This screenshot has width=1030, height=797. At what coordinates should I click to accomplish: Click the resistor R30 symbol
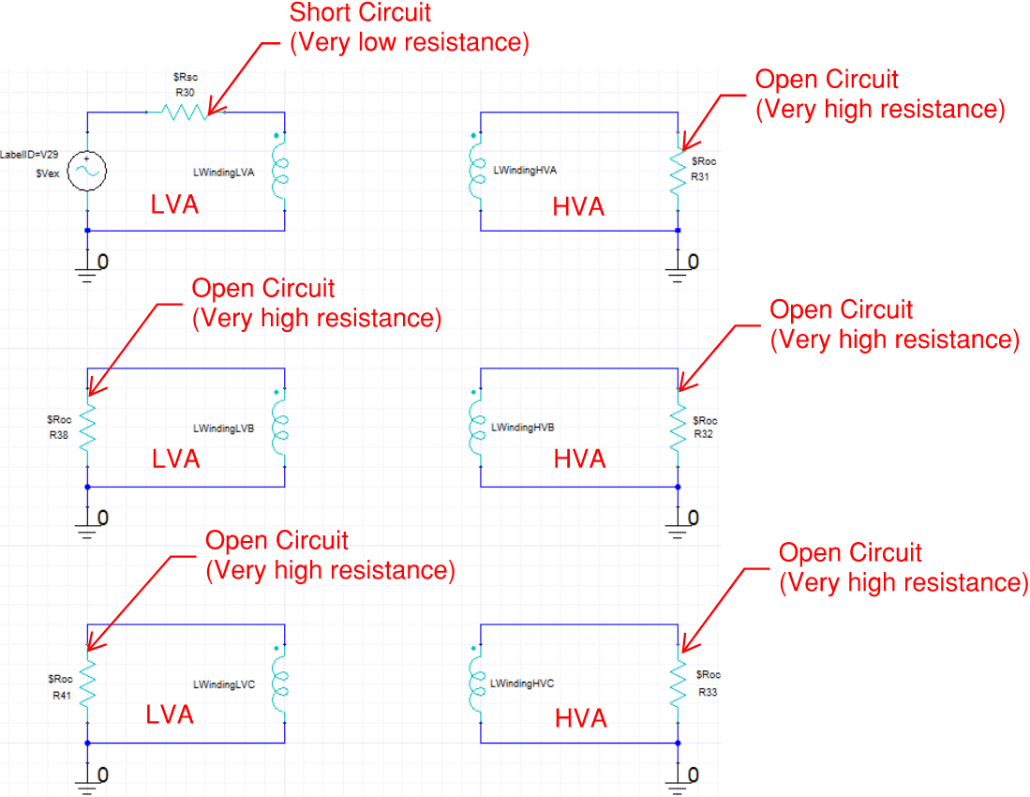click(x=184, y=113)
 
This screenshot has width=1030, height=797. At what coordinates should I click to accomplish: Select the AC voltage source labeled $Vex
click(x=87, y=172)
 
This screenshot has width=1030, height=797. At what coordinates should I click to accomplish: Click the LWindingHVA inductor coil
click(x=474, y=172)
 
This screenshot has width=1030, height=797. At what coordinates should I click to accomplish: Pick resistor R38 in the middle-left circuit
click(x=87, y=428)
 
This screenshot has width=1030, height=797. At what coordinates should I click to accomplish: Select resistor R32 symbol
click(x=677, y=428)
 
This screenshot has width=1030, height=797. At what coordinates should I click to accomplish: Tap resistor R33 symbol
click(x=677, y=684)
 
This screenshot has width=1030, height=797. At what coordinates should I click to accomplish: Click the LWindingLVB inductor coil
click(x=278, y=428)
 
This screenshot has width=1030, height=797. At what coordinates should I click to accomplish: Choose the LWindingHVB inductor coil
click(x=474, y=428)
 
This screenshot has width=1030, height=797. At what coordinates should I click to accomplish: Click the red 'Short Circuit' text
click(x=361, y=13)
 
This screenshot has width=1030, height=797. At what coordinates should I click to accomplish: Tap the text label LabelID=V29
click(x=29, y=153)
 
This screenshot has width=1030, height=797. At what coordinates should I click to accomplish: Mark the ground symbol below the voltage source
click(x=87, y=272)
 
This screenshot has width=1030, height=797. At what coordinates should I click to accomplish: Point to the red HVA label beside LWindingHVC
click(x=581, y=718)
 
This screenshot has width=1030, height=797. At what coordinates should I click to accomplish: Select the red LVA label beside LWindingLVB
click(x=176, y=459)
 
